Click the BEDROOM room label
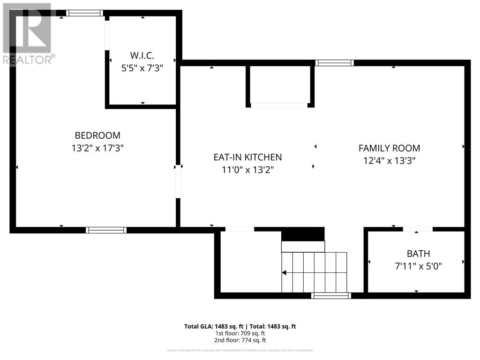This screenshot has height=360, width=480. coord(97,135)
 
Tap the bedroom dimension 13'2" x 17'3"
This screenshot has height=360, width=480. coord(97,148)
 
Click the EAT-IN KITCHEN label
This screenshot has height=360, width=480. coord(247,157)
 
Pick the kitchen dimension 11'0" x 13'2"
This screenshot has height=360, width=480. coord(247,170)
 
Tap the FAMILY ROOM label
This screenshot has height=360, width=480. coord(389,148)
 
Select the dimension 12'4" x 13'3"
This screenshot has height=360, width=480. coord(389,160)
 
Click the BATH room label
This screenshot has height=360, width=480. coord(418,254)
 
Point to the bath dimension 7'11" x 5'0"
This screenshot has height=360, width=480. coord(418,266)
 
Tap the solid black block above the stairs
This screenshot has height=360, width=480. coord(303,234)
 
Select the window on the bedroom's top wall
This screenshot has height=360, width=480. coord(84,13)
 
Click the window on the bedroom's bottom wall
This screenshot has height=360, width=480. coord(106,230)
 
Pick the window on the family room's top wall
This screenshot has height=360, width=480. coord(334,63)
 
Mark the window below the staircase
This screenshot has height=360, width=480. coord(331,295)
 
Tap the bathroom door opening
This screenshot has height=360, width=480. coord(417,229)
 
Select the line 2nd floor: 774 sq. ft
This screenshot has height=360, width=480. coord(240,340)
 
